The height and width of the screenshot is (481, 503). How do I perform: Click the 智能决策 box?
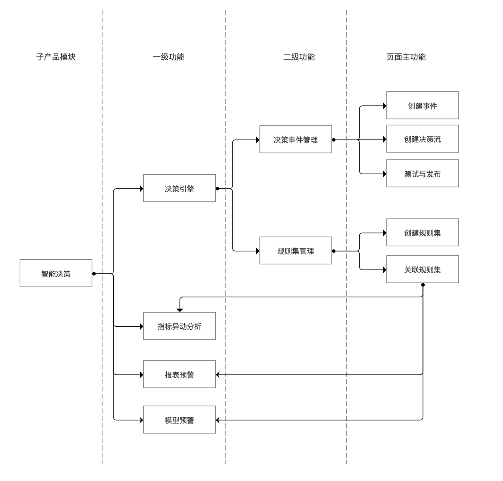56,273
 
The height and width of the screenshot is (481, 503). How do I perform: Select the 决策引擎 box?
179,188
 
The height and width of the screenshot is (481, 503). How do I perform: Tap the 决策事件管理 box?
296,139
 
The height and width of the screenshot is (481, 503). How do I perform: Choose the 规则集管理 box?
296,251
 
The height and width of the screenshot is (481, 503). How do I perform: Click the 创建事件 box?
422,105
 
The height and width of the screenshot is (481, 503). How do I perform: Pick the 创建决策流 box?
422,139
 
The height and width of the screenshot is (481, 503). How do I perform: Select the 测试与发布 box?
422,174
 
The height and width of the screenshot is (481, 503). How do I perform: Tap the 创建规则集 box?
422,233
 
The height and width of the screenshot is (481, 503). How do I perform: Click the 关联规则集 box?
422,269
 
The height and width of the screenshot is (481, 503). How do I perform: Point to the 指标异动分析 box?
179,326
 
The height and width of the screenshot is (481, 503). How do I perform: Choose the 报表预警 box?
179,374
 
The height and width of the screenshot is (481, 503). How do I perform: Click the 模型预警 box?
179,420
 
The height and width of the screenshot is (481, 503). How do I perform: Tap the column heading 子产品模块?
56,57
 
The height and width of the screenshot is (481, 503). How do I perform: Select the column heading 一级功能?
169,57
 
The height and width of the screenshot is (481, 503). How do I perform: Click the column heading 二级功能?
299,57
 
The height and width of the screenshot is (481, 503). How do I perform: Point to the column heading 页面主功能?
406,57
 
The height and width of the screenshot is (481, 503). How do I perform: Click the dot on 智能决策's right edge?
94,273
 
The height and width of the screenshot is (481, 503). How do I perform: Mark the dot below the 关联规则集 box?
423,285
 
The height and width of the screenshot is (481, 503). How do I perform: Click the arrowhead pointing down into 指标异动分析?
180,310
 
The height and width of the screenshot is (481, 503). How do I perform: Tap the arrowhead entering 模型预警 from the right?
218,420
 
